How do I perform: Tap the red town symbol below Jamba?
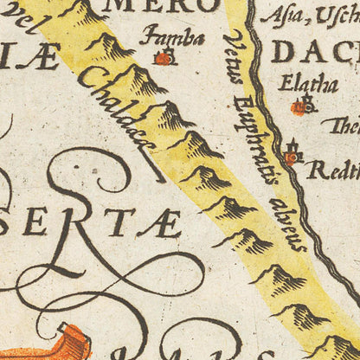click(x=162, y=59)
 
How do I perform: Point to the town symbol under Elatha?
click(x=299, y=107)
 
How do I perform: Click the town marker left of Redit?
click(x=292, y=157)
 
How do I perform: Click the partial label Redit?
click(x=333, y=170)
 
